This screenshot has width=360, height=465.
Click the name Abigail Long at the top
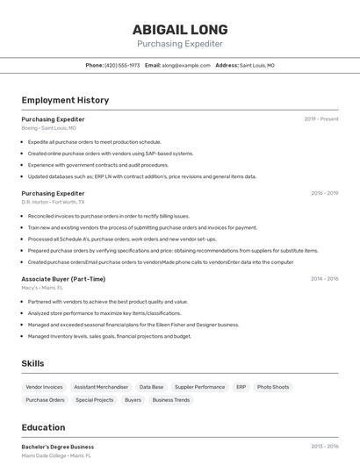pos(180,29)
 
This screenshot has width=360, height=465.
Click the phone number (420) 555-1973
pos(122,65)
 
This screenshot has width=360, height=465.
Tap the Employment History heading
pos(65,100)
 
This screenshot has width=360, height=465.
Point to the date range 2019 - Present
pos(321,118)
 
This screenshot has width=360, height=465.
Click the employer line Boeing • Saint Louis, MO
pos(48,127)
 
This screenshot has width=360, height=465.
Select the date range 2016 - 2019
pos(324,193)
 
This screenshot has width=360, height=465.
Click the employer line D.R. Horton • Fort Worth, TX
pos(54,202)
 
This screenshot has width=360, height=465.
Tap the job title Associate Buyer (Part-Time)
pos(63,279)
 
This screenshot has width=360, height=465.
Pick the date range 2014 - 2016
pos(324,279)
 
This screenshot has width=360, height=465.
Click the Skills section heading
pos(32,363)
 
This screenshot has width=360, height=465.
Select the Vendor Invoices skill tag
pos(44,387)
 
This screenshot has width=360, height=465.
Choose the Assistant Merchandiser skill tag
pos(101,387)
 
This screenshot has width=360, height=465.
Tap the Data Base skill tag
pos(151,387)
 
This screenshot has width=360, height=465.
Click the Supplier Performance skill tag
pos(199,387)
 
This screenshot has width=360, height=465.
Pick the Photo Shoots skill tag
pos(273,387)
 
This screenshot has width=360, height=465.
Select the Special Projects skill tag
pos(95,400)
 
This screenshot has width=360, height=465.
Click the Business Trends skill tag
pos(170,400)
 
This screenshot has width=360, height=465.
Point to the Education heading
pos(43,428)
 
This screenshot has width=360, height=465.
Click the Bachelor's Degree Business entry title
pos(57,447)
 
